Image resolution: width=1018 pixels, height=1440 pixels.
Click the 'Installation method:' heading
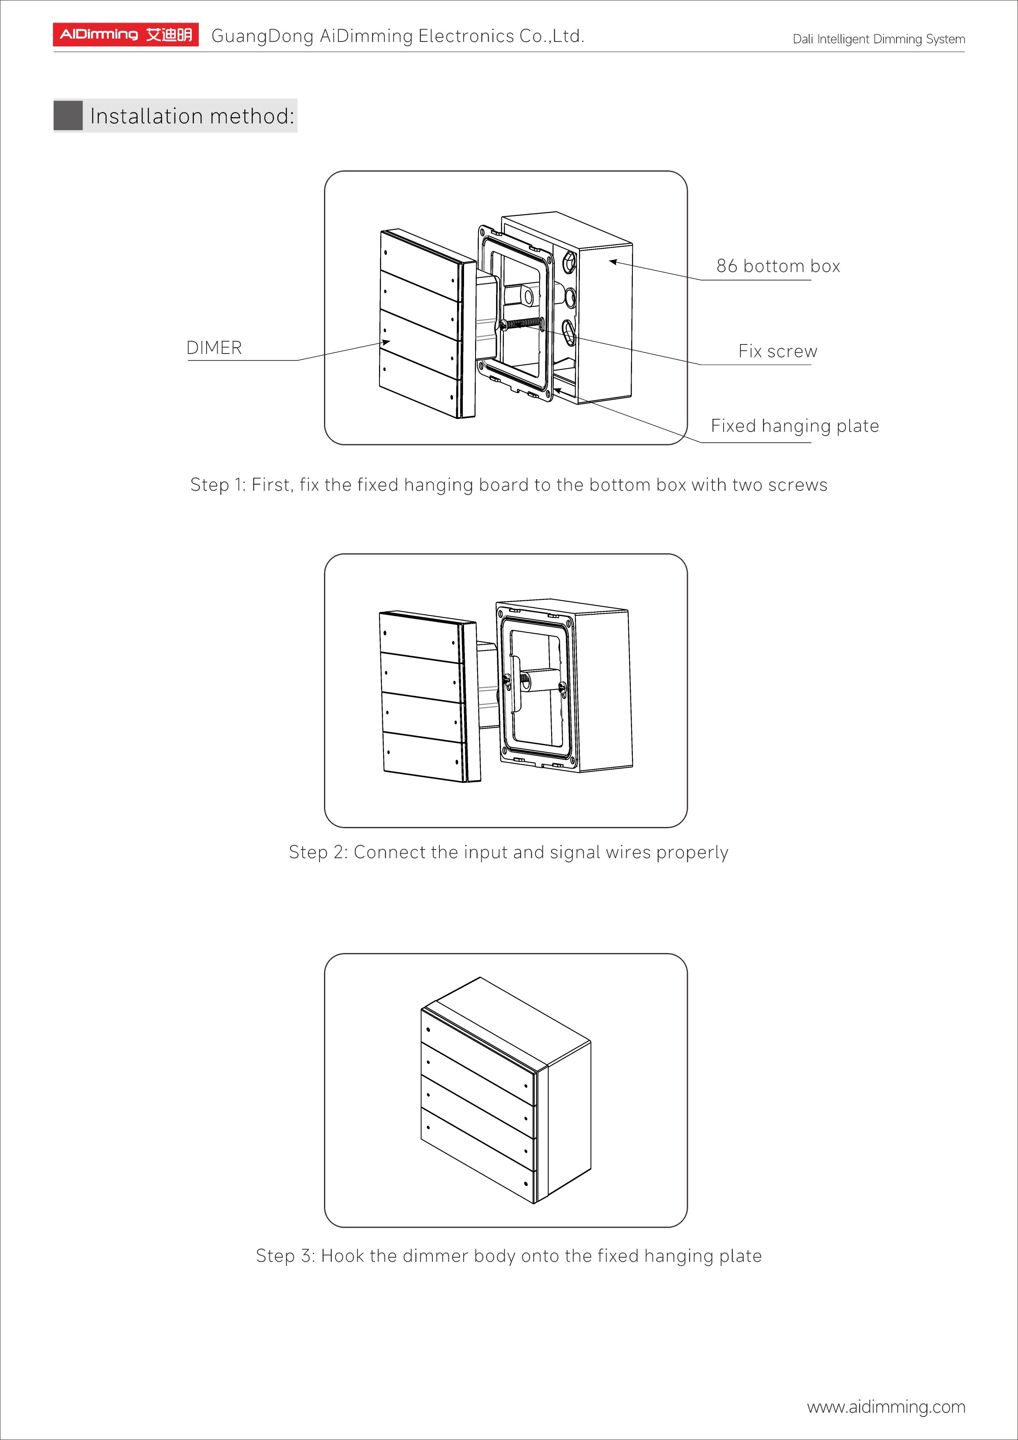pyautogui.click(x=191, y=116)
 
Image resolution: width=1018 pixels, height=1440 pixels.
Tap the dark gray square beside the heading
pyautogui.click(x=68, y=115)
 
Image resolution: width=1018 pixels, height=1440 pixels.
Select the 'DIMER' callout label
pyautogui.click(x=214, y=347)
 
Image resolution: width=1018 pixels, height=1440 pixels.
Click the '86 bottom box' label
pyautogui.click(x=778, y=266)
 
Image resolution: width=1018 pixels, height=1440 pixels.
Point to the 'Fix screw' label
pyautogui.click(x=778, y=351)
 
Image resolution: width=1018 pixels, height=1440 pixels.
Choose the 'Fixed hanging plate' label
pyautogui.click(x=795, y=426)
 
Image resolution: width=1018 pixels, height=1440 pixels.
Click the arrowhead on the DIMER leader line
pyautogui.click(x=386, y=342)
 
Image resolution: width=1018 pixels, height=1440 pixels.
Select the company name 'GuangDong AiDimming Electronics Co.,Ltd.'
pyautogui.click(x=398, y=37)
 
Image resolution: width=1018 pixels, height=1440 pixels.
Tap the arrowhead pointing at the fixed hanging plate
pyautogui.click(x=556, y=391)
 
